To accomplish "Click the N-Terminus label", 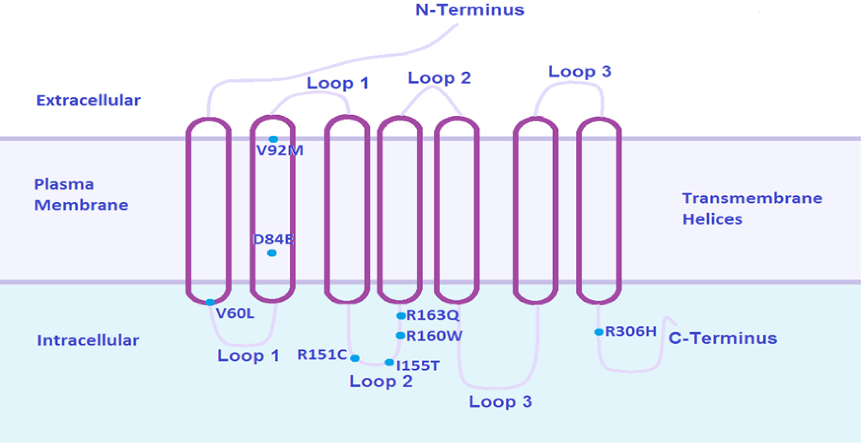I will (x=469, y=10).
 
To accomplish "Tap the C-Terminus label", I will (x=723, y=338).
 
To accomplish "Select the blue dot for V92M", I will (x=273, y=139).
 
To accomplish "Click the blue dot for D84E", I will (x=272, y=253).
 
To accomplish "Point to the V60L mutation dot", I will (x=210, y=302).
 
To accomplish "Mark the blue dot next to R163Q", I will (x=401, y=316).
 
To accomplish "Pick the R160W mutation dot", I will (x=400, y=336).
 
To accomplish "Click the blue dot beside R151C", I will (x=355, y=358).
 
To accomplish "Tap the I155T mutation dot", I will (x=389, y=362).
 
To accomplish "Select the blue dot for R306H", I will (x=599, y=332).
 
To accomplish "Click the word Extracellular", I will (x=88, y=101).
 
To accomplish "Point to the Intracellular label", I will (x=88, y=340).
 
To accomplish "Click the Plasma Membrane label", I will (x=81, y=194).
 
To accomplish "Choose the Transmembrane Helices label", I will (x=752, y=208).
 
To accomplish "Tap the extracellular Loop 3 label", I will (x=579, y=72).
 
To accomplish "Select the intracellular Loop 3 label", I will (x=500, y=401).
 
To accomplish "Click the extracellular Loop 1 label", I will (x=337, y=83).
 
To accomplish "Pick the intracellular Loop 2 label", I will (x=381, y=382).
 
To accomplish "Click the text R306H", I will (x=631, y=331).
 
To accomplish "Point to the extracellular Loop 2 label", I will (x=439, y=78).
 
